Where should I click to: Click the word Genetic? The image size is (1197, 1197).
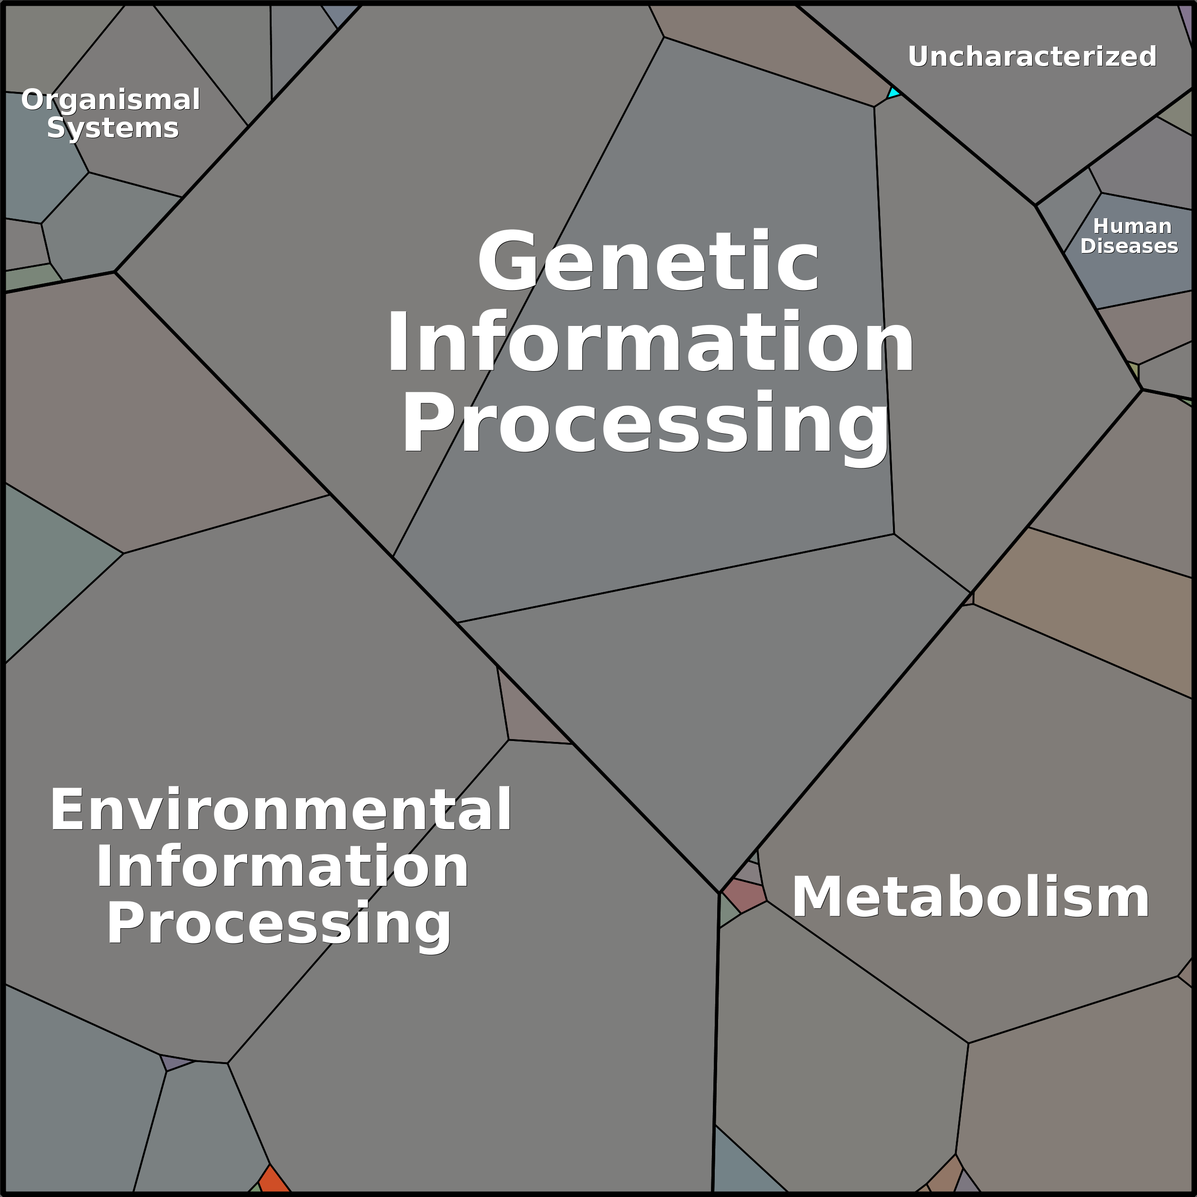pos(648,260)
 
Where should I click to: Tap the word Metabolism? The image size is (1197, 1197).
pos(970,897)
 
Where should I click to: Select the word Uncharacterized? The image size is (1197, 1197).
pos(1032,56)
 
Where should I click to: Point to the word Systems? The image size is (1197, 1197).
pos(113,128)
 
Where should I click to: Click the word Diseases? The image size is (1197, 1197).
pos(1129,246)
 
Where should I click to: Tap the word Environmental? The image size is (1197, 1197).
pos(281,809)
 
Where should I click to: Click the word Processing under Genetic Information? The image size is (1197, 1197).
pos(646,426)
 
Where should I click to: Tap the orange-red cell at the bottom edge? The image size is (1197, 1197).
pos(273,1180)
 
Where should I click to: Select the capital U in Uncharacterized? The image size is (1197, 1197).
pos(918,56)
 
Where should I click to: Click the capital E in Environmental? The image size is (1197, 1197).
pos(65,809)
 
